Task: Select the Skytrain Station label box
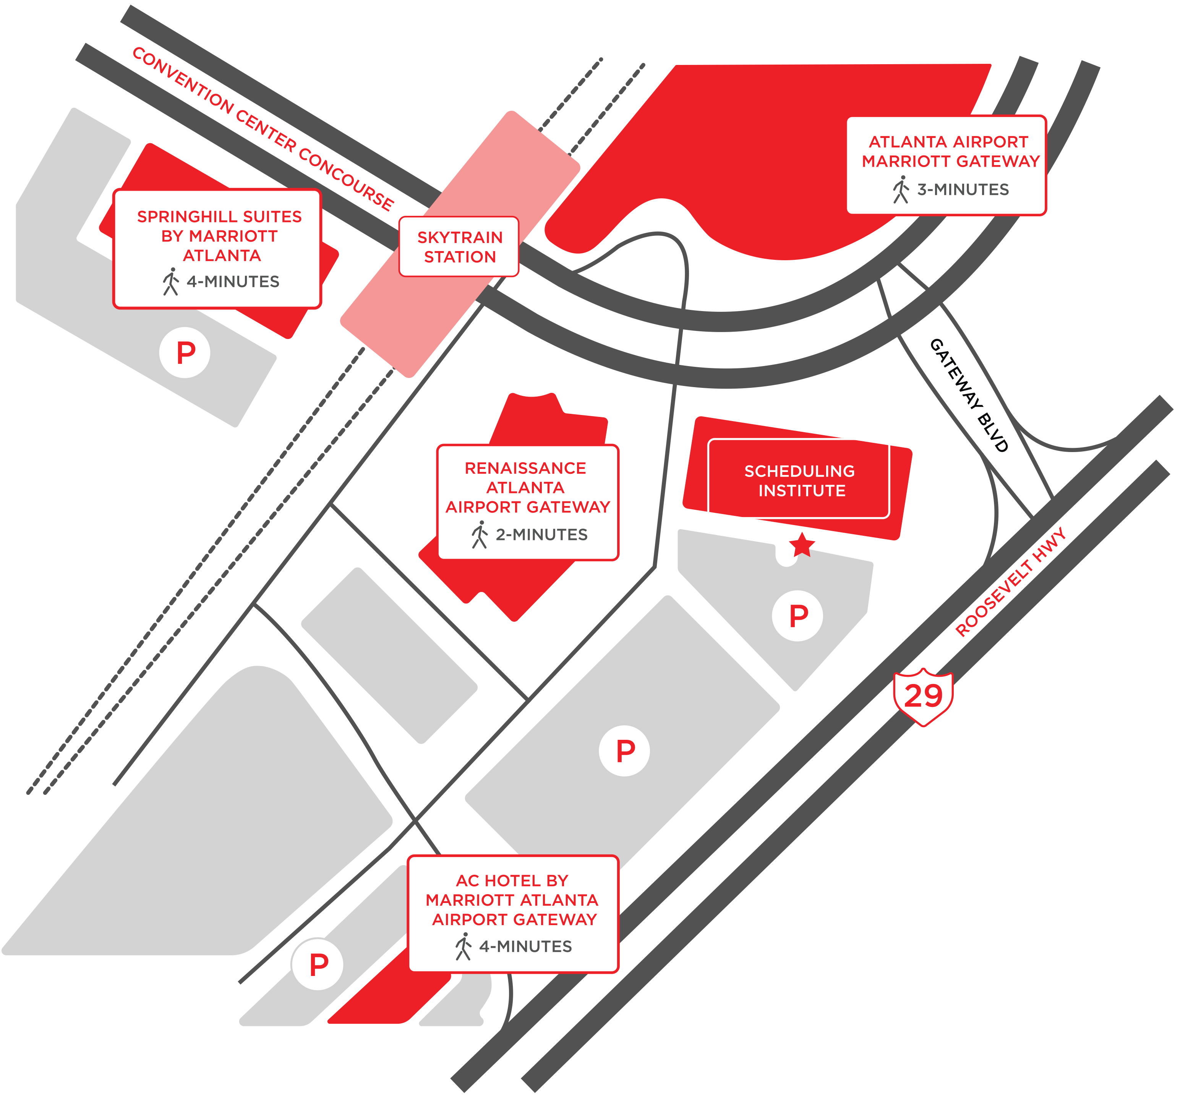(x=459, y=246)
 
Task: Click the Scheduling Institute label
(x=799, y=481)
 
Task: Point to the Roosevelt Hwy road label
(x=1010, y=582)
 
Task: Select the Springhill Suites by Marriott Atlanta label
(x=220, y=236)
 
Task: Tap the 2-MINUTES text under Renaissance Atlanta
(x=541, y=535)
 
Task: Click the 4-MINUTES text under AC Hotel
(x=525, y=947)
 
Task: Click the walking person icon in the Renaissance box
(x=480, y=535)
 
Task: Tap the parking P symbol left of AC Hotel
(x=318, y=964)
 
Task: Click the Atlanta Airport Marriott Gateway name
(x=950, y=151)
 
